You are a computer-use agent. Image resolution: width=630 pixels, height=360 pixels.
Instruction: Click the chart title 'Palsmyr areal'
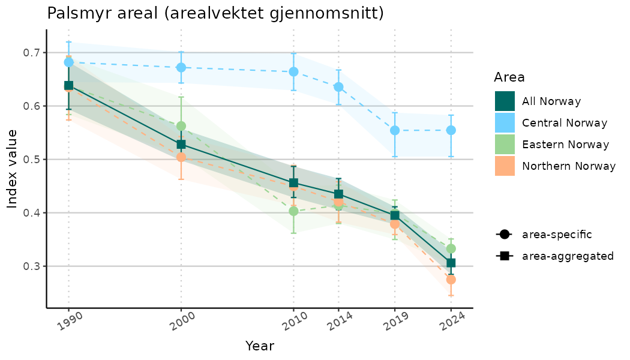click(x=215, y=13)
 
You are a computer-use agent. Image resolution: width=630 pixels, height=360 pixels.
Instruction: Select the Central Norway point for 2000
click(x=181, y=68)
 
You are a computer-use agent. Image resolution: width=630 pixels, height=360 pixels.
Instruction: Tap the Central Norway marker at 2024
click(x=451, y=130)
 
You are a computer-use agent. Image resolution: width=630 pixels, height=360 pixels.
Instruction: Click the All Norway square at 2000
click(x=181, y=145)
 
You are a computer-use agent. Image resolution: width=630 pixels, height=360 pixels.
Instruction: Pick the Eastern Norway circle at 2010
click(x=293, y=211)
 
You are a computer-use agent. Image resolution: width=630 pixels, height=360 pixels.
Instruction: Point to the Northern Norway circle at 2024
click(x=451, y=280)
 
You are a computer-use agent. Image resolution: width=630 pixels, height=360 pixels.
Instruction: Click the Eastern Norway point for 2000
click(x=181, y=126)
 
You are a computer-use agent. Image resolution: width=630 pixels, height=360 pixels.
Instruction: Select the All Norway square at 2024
click(x=451, y=263)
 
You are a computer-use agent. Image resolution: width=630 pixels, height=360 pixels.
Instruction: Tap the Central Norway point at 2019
click(x=395, y=130)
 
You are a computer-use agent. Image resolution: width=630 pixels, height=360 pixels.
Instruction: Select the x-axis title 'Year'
click(x=260, y=346)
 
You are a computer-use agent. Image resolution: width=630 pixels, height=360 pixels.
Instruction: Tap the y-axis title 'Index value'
click(x=13, y=169)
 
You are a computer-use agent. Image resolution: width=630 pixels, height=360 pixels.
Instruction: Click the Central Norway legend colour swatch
click(x=505, y=123)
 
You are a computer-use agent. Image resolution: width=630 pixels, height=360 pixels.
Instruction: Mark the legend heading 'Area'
click(x=509, y=77)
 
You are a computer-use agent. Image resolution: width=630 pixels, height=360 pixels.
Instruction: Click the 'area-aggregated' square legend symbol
click(x=503, y=256)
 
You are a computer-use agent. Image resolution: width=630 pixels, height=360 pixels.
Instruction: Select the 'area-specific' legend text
click(x=557, y=235)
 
